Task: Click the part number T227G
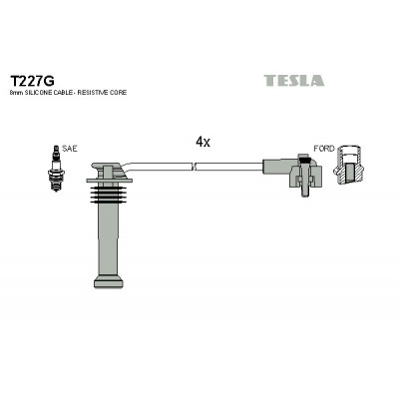point(32,81)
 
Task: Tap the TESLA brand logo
point(294,81)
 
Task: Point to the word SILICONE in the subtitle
point(38,93)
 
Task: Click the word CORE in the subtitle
point(119,93)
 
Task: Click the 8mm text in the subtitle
point(17,93)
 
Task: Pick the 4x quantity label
point(202,143)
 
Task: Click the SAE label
point(70,149)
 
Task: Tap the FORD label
point(324,149)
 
